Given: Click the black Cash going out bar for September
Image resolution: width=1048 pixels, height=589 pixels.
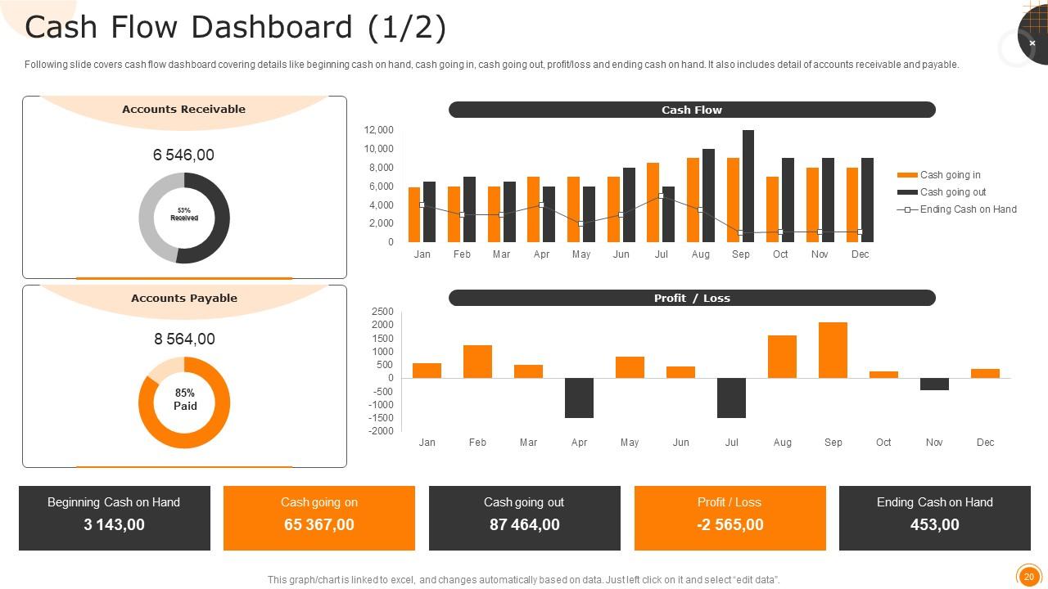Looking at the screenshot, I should click(x=748, y=186).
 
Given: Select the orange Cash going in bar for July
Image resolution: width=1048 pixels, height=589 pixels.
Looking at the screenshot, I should click(x=653, y=202).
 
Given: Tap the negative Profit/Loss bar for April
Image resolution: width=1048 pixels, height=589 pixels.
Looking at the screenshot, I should click(x=579, y=398).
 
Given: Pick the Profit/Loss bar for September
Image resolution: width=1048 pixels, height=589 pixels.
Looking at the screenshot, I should click(x=833, y=350).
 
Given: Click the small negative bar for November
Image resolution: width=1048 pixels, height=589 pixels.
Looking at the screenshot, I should click(x=934, y=384).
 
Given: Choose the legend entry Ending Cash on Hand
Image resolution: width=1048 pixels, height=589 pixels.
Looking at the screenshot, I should click(x=968, y=209).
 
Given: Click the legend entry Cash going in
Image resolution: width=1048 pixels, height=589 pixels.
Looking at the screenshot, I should click(x=950, y=175).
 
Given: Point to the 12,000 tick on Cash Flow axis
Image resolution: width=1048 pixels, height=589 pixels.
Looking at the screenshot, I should click(x=378, y=130).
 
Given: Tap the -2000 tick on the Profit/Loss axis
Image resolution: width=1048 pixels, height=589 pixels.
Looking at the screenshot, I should click(x=382, y=431).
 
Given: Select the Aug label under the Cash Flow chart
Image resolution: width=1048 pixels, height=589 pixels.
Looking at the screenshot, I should click(x=700, y=254).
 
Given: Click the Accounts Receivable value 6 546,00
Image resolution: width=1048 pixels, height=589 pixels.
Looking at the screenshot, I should click(x=183, y=155).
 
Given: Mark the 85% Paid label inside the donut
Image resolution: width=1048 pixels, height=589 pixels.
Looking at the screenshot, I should click(x=184, y=399).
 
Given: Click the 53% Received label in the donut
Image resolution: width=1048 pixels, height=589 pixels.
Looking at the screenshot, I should click(x=184, y=214).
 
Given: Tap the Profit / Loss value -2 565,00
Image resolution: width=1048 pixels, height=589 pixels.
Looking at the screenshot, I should click(x=730, y=525).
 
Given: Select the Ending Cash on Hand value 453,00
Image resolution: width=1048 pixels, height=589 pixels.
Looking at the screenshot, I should click(x=934, y=525).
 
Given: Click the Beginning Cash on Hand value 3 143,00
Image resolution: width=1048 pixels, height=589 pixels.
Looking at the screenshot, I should click(x=114, y=525).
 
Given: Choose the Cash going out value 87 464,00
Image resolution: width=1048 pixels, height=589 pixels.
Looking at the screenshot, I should click(x=524, y=525).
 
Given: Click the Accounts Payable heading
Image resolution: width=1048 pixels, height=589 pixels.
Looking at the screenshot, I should click(x=184, y=299).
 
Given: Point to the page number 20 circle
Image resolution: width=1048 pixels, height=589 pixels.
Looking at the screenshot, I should click(x=1028, y=577).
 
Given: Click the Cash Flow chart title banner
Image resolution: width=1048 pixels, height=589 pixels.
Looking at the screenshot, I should click(x=692, y=110).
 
